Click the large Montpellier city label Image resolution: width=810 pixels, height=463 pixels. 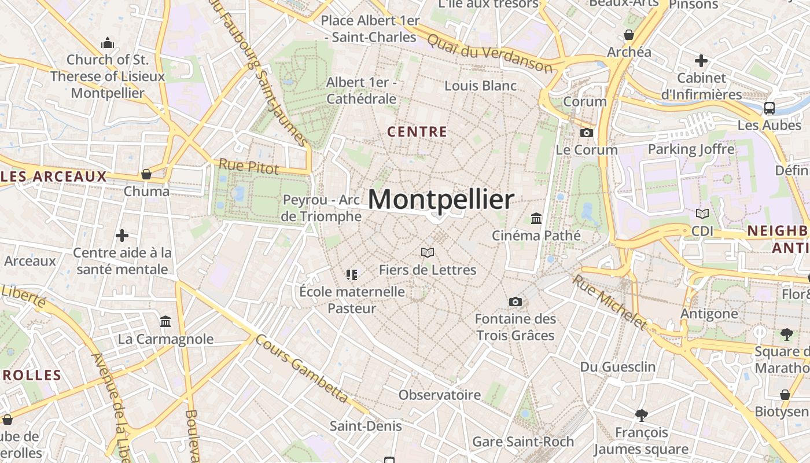[x=440, y=200]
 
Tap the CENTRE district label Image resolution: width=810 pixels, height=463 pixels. [x=417, y=132]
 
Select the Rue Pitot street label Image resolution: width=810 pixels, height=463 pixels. [x=248, y=167]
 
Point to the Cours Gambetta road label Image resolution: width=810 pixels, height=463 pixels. [x=301, y=369]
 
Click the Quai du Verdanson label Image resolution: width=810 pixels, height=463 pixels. [x=489, y=53]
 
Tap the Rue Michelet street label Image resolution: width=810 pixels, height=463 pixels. [x=609, y=302]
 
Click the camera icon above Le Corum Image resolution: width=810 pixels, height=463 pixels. [x=587, y=133]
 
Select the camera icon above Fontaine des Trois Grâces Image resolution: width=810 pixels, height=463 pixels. [x=515, y=302]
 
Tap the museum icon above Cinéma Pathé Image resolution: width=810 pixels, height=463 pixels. [x=536, y=219]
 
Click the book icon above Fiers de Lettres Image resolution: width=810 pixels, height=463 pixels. [x=428, y=252]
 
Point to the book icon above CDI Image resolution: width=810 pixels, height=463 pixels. [x=702, y=214]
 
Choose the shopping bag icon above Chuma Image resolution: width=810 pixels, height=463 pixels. [x=146, y=174]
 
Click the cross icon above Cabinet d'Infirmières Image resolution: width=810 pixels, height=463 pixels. [x=701, y=60]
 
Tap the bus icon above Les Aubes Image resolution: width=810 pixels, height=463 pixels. [x=770, y=108]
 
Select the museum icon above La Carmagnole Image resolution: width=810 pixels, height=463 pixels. [x=165, y=321]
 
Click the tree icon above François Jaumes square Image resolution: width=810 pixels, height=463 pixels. [x=641, y=414]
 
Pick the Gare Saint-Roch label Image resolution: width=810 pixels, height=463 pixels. [x=523, y=442]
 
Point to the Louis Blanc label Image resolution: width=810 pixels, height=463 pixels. [x=480, y=86]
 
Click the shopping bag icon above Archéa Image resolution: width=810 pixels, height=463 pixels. [x=629, y=35]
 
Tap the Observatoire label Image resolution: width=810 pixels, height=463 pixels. [x=440, y=395]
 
